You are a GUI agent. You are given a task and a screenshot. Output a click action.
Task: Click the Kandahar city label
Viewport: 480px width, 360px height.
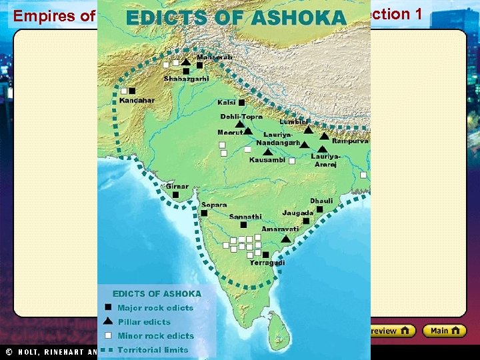(x=137, y=101)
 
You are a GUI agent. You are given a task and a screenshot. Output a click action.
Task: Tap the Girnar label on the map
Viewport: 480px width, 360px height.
(x=177, y=187)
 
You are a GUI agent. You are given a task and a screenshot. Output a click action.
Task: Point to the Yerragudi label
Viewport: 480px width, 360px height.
(x=267, y=263)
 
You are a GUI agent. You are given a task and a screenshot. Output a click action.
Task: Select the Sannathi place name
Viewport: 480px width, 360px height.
(x=245, y=217)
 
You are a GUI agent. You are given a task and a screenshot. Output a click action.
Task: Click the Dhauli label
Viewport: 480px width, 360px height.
(x=321, y=201)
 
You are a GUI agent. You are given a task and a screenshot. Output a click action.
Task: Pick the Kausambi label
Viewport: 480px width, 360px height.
(x=267, y=160)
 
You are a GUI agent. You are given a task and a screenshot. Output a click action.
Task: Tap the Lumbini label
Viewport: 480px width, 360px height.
(x=293, y=122)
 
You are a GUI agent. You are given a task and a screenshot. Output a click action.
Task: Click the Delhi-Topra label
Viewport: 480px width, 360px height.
(x=241, y=117)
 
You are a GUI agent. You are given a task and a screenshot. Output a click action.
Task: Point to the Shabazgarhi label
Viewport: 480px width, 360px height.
(x=186, y=79)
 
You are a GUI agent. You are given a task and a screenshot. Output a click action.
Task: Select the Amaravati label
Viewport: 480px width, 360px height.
(x=279, y=229)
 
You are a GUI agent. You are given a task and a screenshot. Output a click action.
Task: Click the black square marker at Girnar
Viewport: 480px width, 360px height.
(x=176, y=195)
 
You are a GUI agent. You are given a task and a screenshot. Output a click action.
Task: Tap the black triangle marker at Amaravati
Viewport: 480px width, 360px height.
(x=286, y=239)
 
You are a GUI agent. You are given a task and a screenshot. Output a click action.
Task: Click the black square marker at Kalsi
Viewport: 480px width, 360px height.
(x=241, y=103)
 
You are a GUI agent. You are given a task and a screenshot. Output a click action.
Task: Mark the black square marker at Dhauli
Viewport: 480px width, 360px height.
(x=320, y=209)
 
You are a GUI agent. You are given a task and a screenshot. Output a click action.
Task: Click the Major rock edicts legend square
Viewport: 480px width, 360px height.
(x=108, y=307)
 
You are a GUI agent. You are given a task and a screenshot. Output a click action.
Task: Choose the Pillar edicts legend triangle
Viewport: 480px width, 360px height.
(x=108, y=321)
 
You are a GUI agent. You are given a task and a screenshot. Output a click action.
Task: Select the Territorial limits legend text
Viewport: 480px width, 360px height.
(x=153, y=349)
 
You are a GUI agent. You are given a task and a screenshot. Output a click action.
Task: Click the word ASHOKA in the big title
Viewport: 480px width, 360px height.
(x=300, y=18)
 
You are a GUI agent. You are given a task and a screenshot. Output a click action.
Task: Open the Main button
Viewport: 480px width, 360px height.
(x=446, y=331)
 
